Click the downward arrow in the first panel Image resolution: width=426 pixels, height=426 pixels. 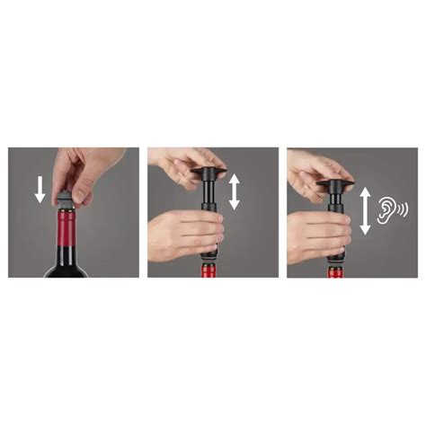pyautogui.click(x=39, y=188)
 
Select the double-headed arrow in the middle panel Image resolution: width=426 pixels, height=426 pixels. pyautogui.click(x=235, y=191)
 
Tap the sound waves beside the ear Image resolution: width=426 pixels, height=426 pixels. pyautogui.click(x=405, y=209)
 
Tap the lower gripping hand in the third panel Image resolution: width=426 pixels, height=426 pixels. pyautogui.click(x=315, y=236)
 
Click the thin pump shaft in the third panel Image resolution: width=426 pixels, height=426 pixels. pyautogui.click(x=342, y=200)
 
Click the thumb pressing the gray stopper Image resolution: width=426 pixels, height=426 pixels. pyautogui.click(x=80, y=192)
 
